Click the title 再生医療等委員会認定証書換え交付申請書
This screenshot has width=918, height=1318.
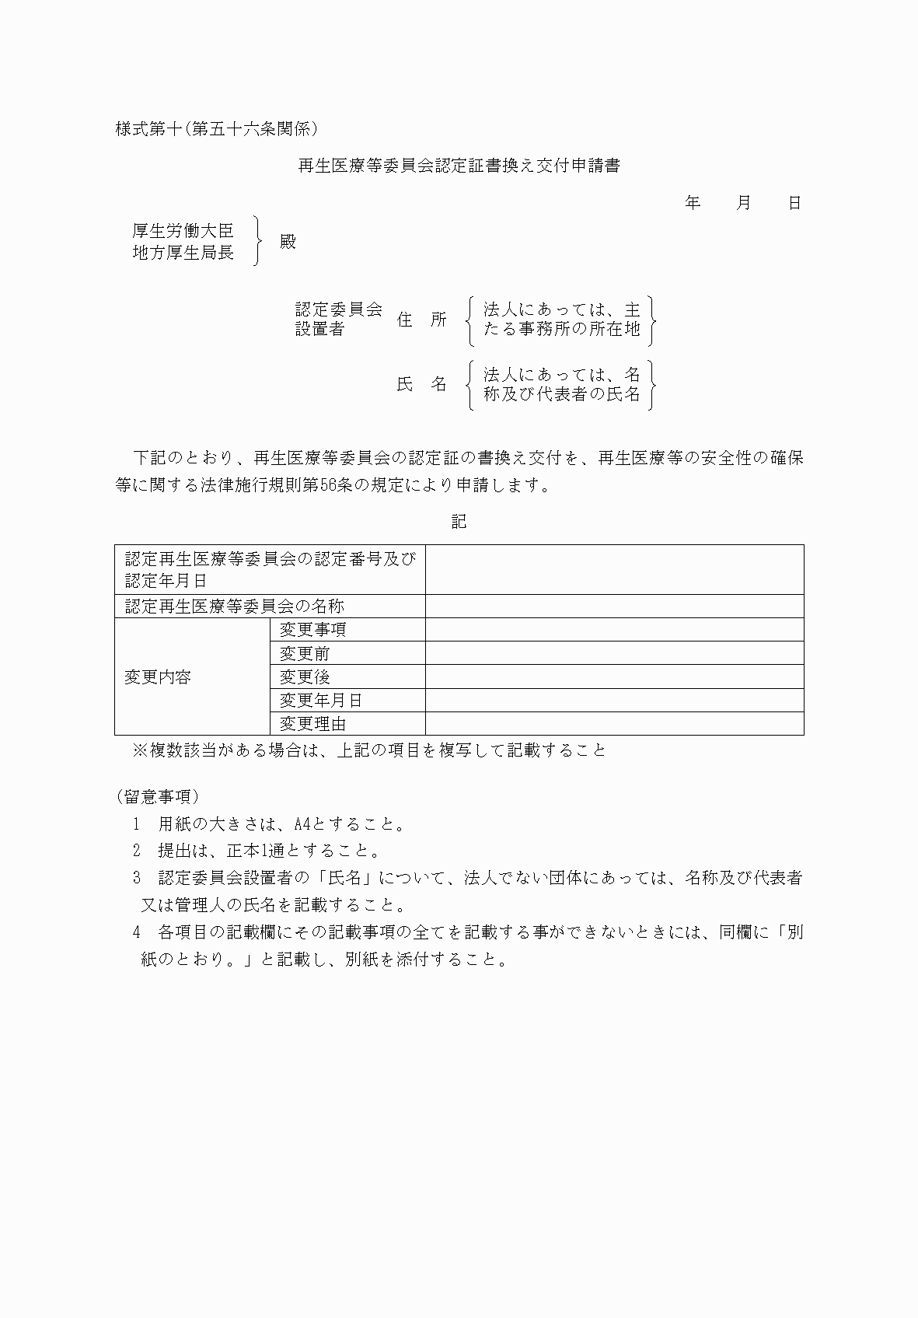tap(459, 166)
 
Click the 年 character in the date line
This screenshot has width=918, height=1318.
tap(693, 204)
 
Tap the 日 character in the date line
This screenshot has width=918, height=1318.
tap(794, 204)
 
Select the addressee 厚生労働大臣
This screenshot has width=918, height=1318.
tap(183, 230)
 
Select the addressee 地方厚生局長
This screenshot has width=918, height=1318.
tap(183, 253)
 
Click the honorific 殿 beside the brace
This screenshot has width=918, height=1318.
tap(288, 242)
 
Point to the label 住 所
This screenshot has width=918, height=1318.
tap(422, 320)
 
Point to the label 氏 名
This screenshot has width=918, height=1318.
tap(422, 384)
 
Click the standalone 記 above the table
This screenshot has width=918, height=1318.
tap(459, 522)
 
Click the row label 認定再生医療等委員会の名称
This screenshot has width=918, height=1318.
tap(235, 607)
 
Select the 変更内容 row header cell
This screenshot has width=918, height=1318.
tap(158, 677)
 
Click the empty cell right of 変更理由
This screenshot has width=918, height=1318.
tap(614, 724)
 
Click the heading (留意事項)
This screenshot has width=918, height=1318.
tap(158, 796)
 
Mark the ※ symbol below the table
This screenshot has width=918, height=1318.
tap(141, 750)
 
